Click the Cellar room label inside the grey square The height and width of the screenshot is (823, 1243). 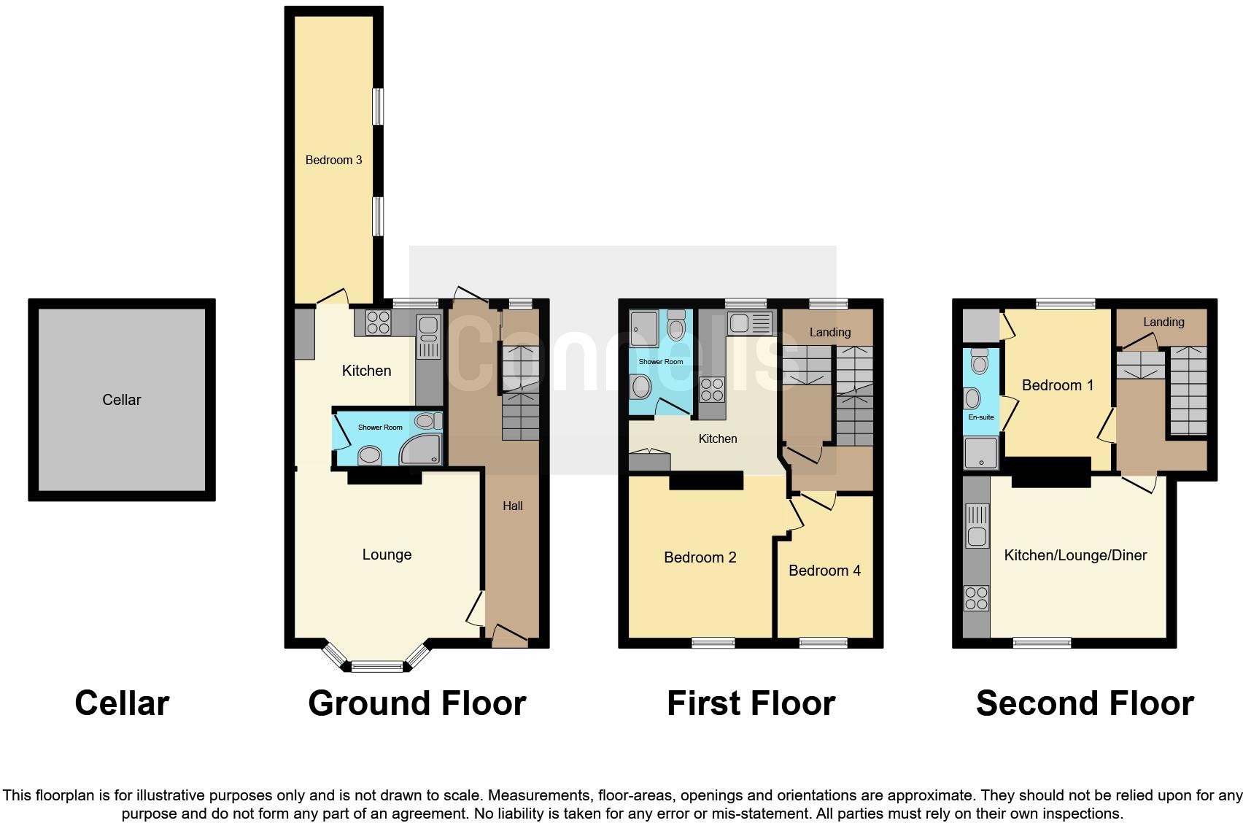[121, 400]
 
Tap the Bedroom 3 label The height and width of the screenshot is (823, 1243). [333, 160]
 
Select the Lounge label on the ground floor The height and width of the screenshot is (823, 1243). [387, 555]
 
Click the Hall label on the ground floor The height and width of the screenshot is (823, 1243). [513, 506]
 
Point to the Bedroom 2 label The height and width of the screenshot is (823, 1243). [700, 557]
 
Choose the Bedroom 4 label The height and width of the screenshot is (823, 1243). [824, 571]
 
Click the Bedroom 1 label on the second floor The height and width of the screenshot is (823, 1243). [1057, 385]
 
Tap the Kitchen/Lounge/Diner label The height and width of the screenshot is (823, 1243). [1075, 555]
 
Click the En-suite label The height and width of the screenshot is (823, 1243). [980, 417]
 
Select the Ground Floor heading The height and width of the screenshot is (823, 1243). [417, 703]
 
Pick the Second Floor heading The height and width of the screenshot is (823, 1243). [1084, 703]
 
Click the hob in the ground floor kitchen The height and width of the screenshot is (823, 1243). [378, 322]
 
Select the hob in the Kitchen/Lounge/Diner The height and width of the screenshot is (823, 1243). [976, 599]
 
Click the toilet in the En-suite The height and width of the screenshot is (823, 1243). [979, 361]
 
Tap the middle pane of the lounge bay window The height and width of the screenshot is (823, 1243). [377, 665]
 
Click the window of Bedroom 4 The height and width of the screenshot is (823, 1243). [824, 643]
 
